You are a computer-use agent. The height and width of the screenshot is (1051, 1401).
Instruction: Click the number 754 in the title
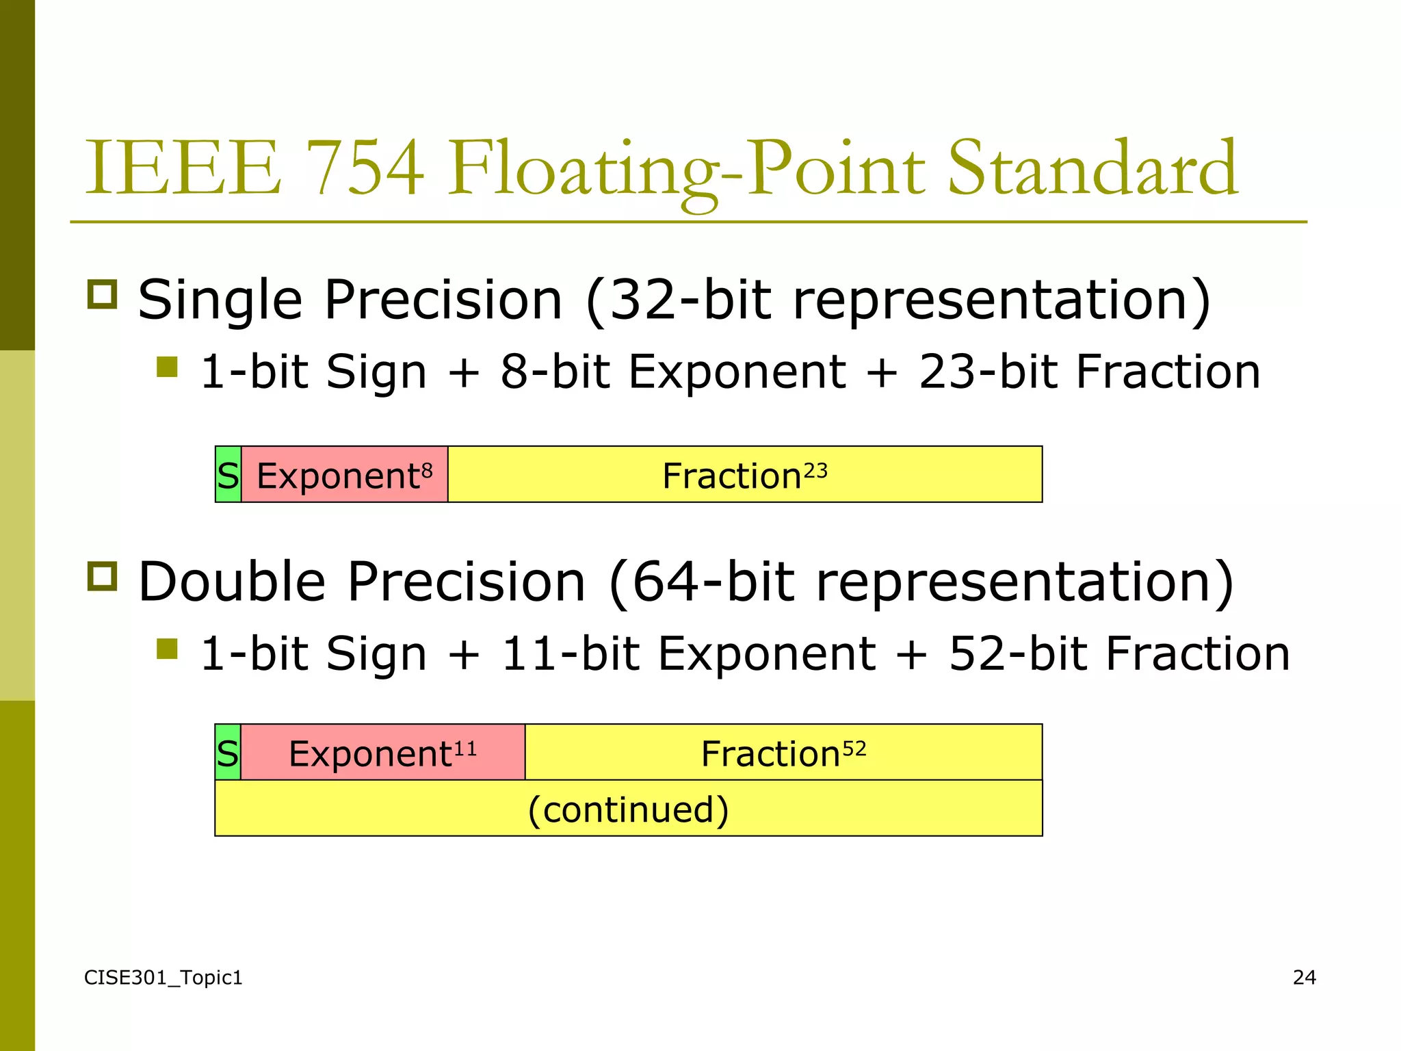pos(365,168)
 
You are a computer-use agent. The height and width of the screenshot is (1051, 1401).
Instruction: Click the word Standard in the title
pos(1092,168)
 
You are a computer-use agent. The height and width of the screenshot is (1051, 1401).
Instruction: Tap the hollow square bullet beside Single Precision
pos(103,294)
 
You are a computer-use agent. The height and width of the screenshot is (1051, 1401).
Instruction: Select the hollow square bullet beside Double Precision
pos(103,576)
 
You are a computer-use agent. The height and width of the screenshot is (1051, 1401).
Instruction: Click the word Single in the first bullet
pos(220,301)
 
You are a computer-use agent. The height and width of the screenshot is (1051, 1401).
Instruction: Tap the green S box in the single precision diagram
pos(228,475)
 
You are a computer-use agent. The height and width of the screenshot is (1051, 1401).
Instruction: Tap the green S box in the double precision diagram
pos(228,753)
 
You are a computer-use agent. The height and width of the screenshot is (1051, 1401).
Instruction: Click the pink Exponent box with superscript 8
pos(344,475)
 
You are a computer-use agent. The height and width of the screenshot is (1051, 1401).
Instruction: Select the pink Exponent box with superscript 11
pos(382,753)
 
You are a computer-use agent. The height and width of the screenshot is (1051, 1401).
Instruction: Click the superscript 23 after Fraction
pos(815,471)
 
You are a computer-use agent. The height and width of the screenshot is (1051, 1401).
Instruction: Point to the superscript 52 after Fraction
pos(854,749)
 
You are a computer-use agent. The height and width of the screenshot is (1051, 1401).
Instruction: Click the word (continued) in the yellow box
pos(628,809)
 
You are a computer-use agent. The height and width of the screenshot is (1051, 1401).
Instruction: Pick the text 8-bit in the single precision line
pos(555,372)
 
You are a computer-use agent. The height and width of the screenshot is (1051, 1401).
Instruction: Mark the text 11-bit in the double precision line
pos(570,654)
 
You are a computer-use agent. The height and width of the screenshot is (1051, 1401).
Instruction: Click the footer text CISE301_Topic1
pos(163,978)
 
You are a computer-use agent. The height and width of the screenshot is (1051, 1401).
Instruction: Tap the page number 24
pos(1304,978)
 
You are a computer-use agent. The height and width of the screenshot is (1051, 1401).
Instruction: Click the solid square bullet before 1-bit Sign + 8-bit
pos(167,367)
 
